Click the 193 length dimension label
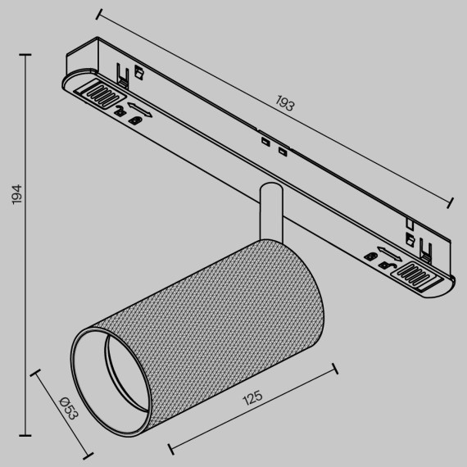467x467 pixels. pyautogui.click(x=284, y=105)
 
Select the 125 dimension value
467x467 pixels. pyautogui.click(x=252, y=399)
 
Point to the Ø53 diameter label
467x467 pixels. pyautogui.click(x=68, y=408)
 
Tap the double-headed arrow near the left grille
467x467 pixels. pyautogui.click(x=140, y=107)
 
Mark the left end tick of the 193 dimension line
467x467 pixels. pyautogui.click(x=98, y=12)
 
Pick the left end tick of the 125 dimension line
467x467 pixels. pyautogui.click(x=170, y=449)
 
